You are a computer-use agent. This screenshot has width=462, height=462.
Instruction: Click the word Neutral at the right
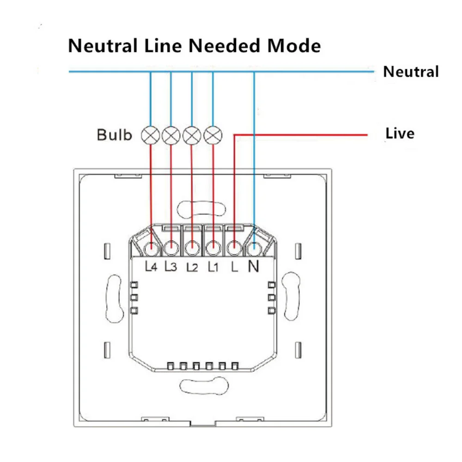coord(411,72)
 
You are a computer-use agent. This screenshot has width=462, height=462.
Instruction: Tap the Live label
coord(400,134)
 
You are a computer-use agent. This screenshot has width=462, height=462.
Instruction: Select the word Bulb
coord(114,135)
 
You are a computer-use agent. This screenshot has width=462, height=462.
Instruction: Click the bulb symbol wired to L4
coord(151,135)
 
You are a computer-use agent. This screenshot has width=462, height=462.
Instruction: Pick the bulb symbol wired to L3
coord(171,135)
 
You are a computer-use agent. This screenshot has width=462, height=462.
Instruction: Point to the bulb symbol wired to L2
coord(191,135)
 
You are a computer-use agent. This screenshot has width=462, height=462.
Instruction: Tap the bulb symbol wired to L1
coord(212,135)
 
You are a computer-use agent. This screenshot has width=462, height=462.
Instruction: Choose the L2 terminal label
coord(192,267)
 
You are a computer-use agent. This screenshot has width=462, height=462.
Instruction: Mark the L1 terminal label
coord(213,267)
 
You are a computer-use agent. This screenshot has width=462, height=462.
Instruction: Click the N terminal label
coord(254,266)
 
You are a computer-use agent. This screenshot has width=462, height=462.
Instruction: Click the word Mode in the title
coord(292,46)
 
